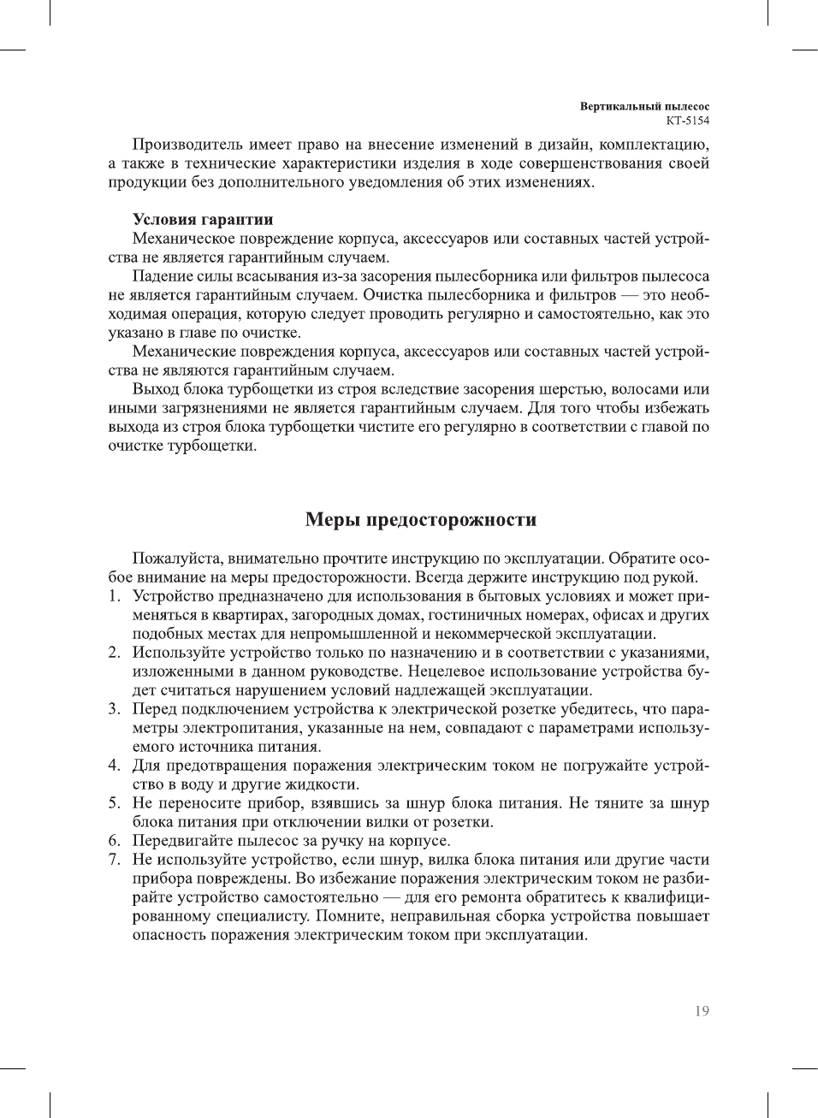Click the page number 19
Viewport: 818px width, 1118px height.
pos(702,1011)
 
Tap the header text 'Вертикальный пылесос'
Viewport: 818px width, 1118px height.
pos(644,107)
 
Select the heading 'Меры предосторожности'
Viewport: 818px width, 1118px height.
pos(421,519)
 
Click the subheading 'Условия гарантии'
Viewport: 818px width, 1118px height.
pos(203,220)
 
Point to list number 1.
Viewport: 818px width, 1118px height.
pos(114,596)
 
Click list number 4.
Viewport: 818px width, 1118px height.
pos(114,766)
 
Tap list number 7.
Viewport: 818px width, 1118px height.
pos(114,860)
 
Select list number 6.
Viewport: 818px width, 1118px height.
pos(114,841)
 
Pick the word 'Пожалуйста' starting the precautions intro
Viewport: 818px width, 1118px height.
pos(177,559)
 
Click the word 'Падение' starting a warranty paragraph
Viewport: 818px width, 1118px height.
pos(161,276)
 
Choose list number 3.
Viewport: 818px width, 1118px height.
pos(114,709)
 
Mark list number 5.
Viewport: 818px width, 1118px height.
pos(114,803)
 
